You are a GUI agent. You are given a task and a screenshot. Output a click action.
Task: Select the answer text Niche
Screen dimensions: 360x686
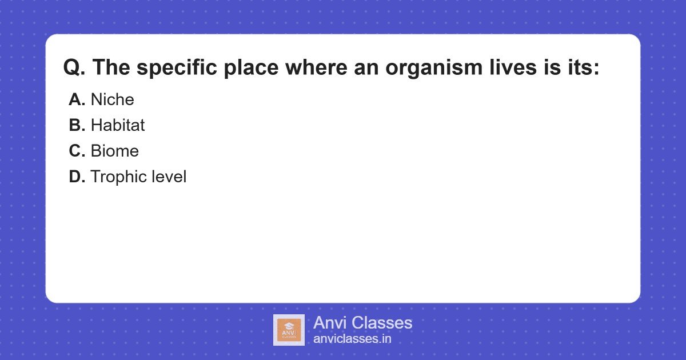(113, 100)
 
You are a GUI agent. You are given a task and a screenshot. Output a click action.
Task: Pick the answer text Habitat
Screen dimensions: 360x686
(118, 126)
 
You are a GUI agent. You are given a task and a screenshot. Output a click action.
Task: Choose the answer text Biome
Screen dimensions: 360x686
(115, 151)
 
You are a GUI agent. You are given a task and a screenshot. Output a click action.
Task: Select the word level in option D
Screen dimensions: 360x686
(169, 177)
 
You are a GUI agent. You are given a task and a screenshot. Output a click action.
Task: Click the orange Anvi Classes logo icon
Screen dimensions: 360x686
(289, 330)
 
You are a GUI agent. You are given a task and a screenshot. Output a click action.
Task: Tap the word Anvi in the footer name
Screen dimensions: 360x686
(330, 323)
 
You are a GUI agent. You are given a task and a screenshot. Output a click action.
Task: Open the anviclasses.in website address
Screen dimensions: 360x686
(352, 339)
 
